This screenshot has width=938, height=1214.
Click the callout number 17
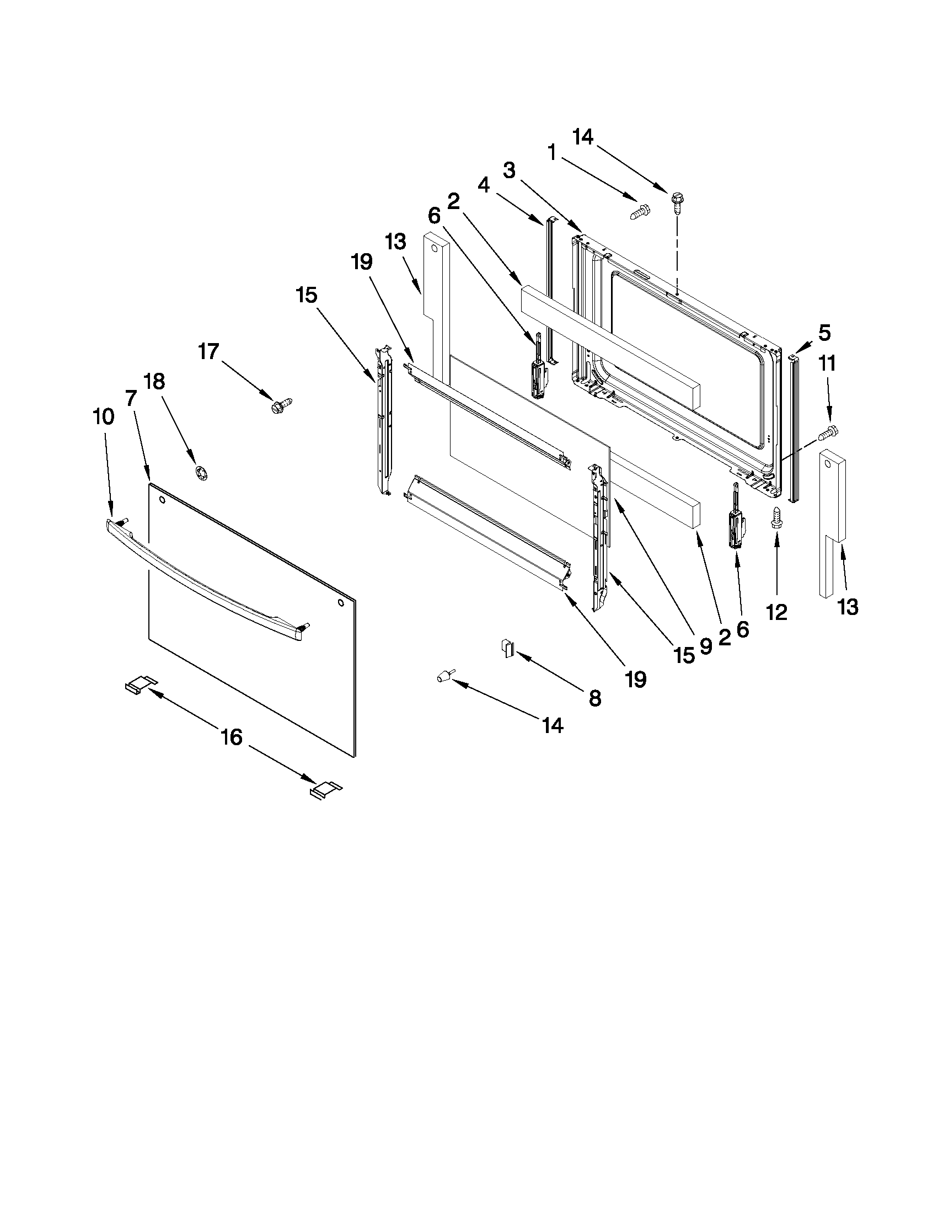tap(209, 351)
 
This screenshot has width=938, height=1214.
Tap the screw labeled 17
tap(281, 405)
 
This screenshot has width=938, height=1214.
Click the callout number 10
tap(104, 416)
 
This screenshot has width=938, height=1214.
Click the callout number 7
tap(131, 398)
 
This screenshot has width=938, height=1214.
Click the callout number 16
tap(232, 737)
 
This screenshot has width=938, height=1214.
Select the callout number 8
tap(594, 698)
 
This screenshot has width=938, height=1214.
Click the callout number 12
tap(776, 613)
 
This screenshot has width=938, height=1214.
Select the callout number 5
tap(824, 333)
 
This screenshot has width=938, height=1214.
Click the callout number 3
tap(509, 170)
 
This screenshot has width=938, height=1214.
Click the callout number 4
tap(484, 185)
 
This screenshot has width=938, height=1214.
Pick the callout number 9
tap(705, 646)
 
